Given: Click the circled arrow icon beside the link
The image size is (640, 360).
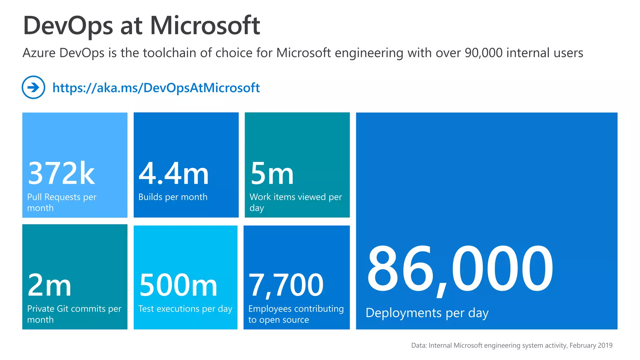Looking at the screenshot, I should (x=33, y=87).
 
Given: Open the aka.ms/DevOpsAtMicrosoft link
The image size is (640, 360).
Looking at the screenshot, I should (x=156, y=88).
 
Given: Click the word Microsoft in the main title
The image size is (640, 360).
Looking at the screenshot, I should (x=205, y=26).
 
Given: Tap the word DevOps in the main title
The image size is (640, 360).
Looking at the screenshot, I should (x=68, y=26).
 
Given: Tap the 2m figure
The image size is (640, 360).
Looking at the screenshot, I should (x=49, y=285).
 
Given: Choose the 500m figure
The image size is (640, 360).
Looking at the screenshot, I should (x=178, y=285).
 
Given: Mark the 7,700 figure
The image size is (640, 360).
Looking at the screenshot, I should (x=286, y=285).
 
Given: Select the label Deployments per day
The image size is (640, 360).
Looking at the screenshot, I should (x=427, y=313).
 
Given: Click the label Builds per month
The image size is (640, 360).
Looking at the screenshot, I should (x=173, y=197).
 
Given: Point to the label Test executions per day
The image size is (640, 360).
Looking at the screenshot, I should (x=185, y=309).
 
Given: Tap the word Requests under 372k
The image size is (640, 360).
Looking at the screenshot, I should (x=62, y=197).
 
